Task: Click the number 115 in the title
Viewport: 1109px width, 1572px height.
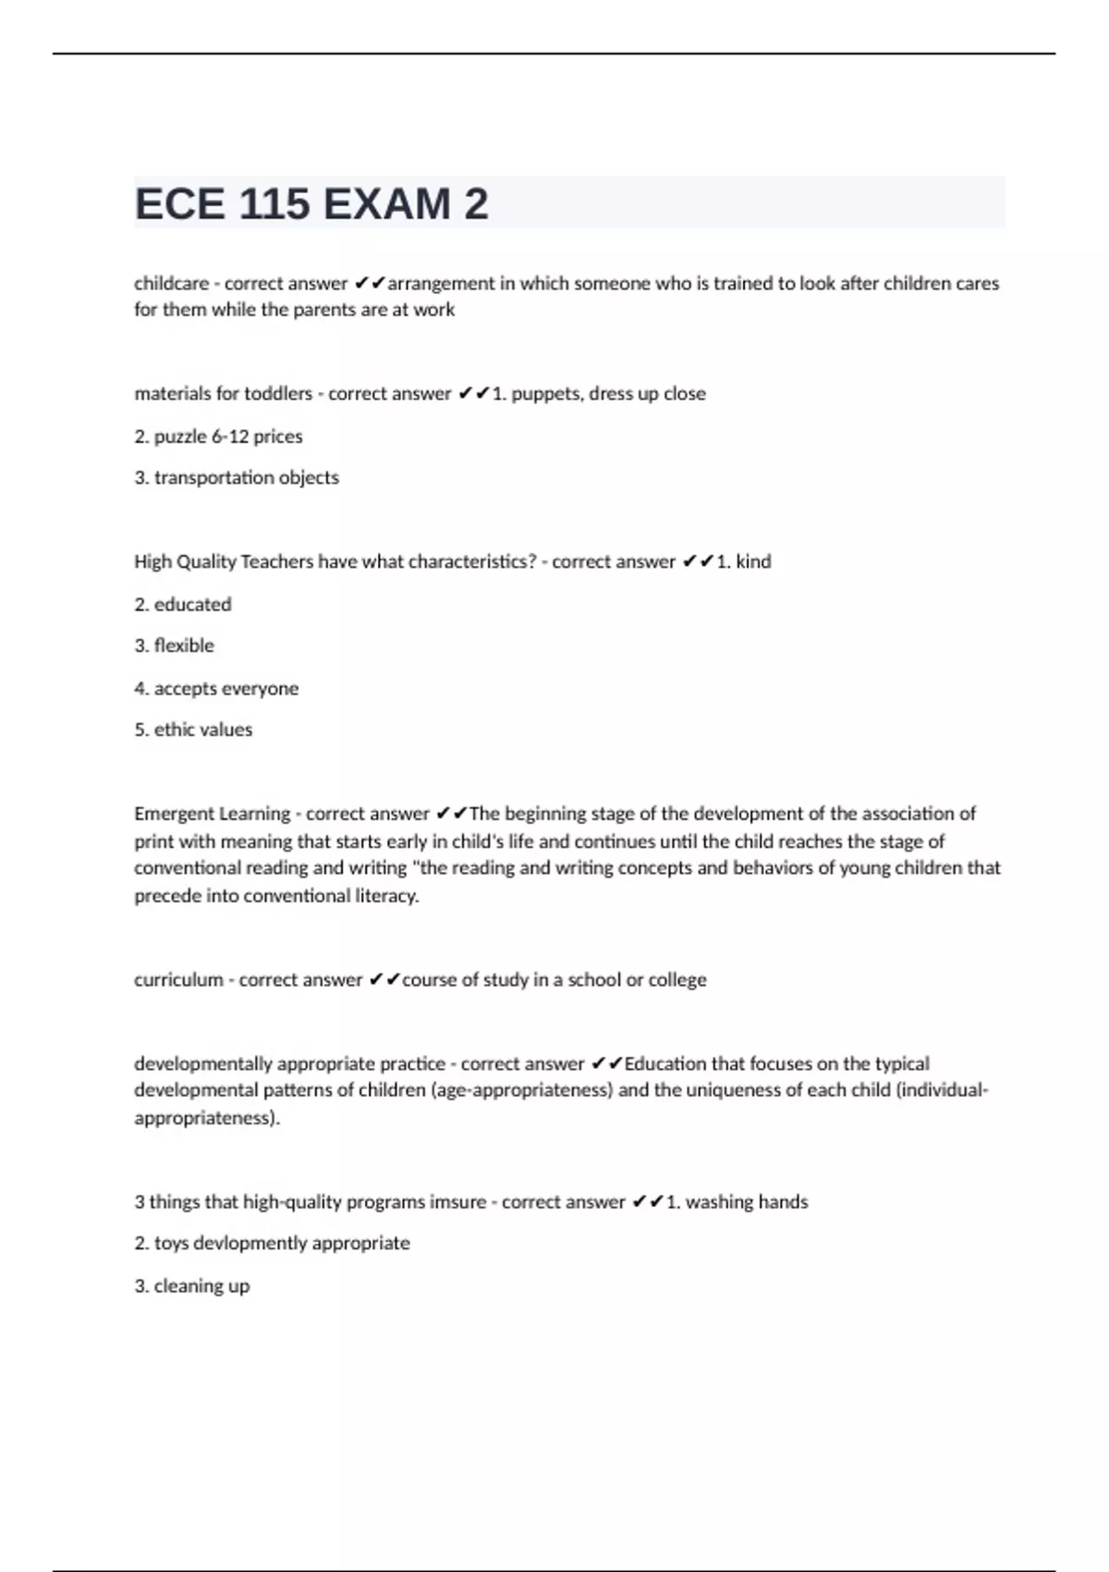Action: (x=274, y=203)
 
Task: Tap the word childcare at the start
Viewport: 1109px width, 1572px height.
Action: (x=171, y=283)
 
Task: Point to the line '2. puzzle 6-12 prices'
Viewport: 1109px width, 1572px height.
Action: (x=218, y=436)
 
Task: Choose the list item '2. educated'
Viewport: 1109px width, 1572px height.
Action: (x=183, y=604)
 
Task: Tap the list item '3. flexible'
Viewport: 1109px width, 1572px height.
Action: (x=174, y=645)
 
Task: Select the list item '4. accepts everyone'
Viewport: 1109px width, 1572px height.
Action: (x=216, y=688)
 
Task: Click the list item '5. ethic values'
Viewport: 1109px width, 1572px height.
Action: (x=193, y=730)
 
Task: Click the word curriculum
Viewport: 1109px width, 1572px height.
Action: (x=178, y=979)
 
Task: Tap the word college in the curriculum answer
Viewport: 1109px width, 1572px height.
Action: (x=676, y=979)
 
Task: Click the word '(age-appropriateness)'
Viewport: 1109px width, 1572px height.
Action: (x=522, y=1089)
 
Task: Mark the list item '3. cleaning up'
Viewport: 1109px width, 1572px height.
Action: (x=192, y=1285)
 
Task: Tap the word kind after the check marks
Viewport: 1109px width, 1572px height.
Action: (x=753, y=561)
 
